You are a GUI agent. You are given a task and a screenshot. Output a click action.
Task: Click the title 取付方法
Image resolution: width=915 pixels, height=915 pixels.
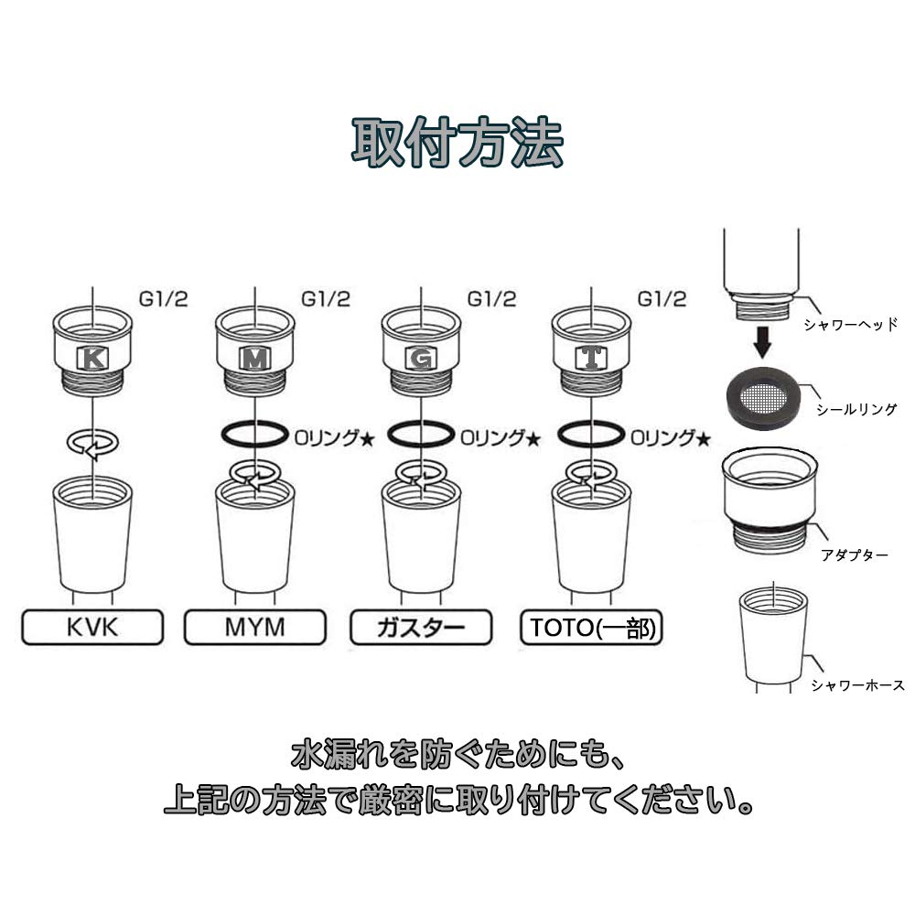tap(457, 142)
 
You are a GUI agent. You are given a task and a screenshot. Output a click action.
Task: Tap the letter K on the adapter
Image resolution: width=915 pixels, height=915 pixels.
tap(92, 359)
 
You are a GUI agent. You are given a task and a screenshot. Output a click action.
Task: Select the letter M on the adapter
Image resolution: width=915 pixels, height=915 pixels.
tap(254, 359)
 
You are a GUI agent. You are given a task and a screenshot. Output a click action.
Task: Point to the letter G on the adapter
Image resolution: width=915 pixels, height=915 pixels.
tap(420, 359)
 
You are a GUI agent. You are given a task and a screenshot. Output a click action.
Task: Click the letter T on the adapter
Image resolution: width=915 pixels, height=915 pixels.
tap(592, 359)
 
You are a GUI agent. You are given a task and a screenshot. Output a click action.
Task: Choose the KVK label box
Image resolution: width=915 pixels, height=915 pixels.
tap(91, 628)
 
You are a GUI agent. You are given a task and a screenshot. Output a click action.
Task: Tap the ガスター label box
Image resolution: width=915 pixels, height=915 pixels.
tap(421, 628)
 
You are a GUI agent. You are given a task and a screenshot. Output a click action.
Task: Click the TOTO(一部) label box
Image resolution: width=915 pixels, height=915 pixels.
tap(591, 628)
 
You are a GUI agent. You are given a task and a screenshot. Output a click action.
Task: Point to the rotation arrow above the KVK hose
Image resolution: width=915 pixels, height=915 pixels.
tap(93, 444)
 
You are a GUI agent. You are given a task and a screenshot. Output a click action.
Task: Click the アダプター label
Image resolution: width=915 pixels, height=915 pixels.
tap(855, 554)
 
